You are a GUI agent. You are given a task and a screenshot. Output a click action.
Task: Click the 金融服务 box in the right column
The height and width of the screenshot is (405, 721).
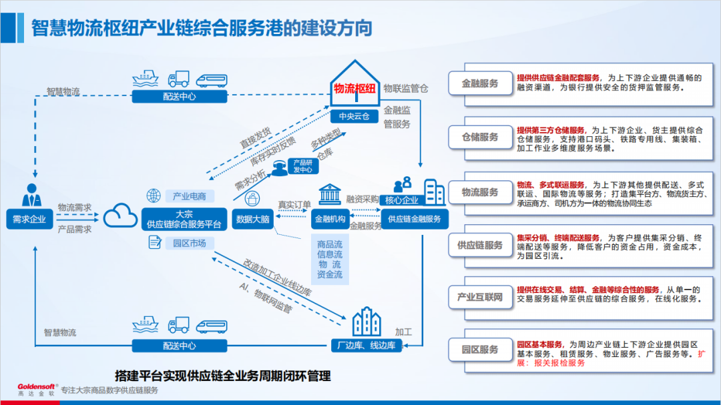480,84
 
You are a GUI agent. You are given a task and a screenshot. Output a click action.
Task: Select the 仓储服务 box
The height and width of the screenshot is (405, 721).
480,137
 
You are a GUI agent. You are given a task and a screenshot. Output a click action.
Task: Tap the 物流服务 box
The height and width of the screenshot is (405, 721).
480,192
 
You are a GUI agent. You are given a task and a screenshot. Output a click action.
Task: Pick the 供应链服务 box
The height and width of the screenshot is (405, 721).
480,246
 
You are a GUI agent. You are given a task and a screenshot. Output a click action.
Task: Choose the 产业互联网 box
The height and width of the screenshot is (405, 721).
480,298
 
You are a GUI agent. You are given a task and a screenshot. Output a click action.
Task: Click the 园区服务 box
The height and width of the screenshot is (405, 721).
480,350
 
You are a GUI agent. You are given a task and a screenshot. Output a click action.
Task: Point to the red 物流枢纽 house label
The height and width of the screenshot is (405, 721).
354,89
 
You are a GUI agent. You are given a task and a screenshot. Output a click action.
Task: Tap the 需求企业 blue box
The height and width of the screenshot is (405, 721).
29,218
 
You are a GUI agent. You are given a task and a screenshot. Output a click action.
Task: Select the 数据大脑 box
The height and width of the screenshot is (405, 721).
253,218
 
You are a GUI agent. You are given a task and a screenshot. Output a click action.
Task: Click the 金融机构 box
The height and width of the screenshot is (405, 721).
330,218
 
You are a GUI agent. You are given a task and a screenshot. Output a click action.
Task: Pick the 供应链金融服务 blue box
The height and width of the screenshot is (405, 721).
415,218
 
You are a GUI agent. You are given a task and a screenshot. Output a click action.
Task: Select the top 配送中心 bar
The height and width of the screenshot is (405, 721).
179,96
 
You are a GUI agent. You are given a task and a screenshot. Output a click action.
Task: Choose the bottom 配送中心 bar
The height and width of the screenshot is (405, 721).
179,346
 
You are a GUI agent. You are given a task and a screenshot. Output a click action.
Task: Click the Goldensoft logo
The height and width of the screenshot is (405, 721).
37,388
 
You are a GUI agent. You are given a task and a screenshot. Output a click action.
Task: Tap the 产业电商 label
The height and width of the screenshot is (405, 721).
189,196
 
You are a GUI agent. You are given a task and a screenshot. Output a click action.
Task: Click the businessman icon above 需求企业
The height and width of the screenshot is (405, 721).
31,195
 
